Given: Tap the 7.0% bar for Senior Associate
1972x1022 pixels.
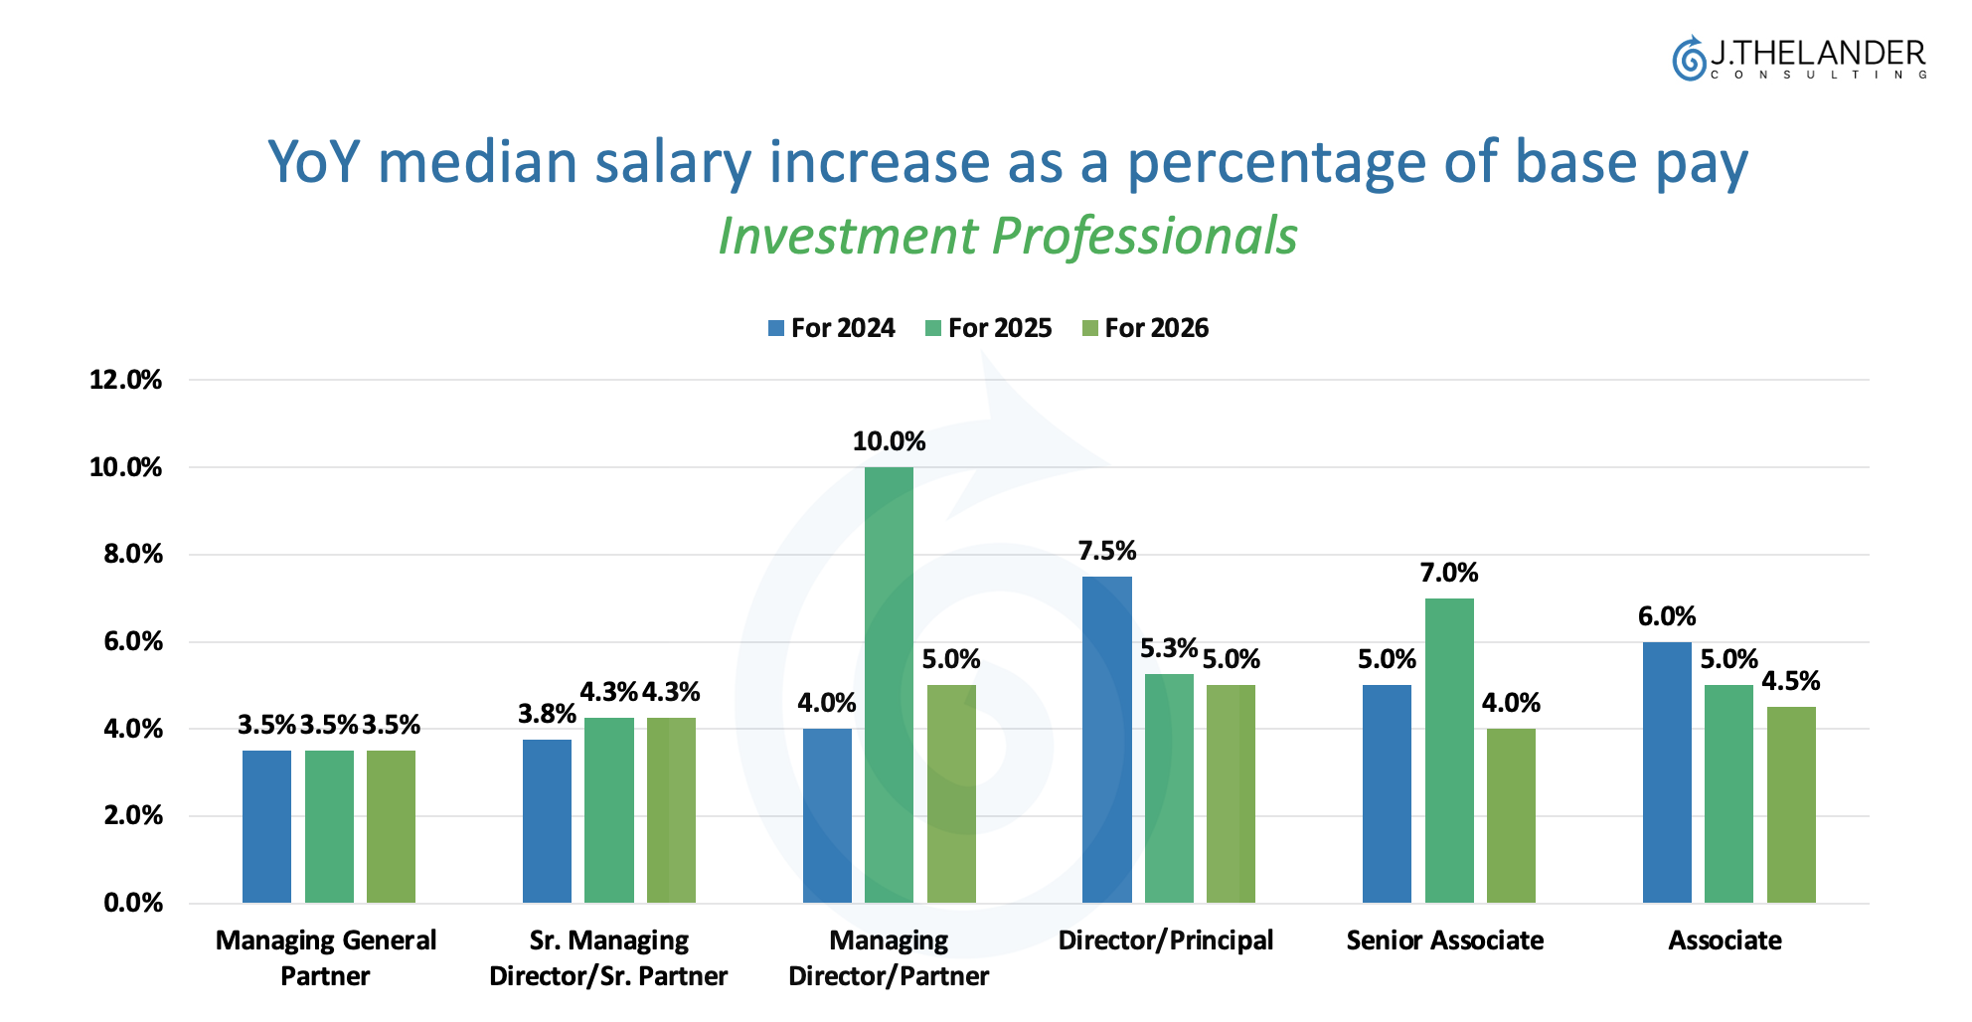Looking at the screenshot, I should [x=1448, y=750].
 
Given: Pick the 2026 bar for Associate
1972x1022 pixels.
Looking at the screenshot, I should [x=1790, y=804].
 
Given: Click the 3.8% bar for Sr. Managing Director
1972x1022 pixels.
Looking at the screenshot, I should [x=547, y=820].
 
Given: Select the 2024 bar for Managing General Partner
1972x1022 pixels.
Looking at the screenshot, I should [x=266, y=826].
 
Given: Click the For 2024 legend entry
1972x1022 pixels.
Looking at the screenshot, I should [x=832, y=328].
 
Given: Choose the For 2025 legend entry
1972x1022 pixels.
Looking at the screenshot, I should [x=989, y=328].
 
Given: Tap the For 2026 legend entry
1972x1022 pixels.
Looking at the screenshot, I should [x=1146, y=328].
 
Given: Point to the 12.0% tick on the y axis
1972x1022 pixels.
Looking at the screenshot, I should [x=125, y=380].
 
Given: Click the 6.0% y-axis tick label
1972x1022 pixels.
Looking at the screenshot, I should [x=132, y=641].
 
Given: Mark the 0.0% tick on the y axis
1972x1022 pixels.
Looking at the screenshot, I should [x=132, y=903].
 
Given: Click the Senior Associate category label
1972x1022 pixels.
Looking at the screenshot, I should [x=1444, y=940].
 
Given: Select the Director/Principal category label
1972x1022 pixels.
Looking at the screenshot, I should [x=1165, y=940].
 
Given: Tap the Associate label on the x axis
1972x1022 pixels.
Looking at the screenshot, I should [x=1725, y=940].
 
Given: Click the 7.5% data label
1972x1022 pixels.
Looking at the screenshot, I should [x=1106, y=551].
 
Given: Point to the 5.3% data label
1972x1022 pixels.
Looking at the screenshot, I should [x=1168, y=649].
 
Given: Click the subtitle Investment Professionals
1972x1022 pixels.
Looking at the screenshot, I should [x=1007, y=237].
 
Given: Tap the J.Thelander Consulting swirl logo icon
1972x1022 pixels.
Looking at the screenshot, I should [x=1688, y=59].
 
